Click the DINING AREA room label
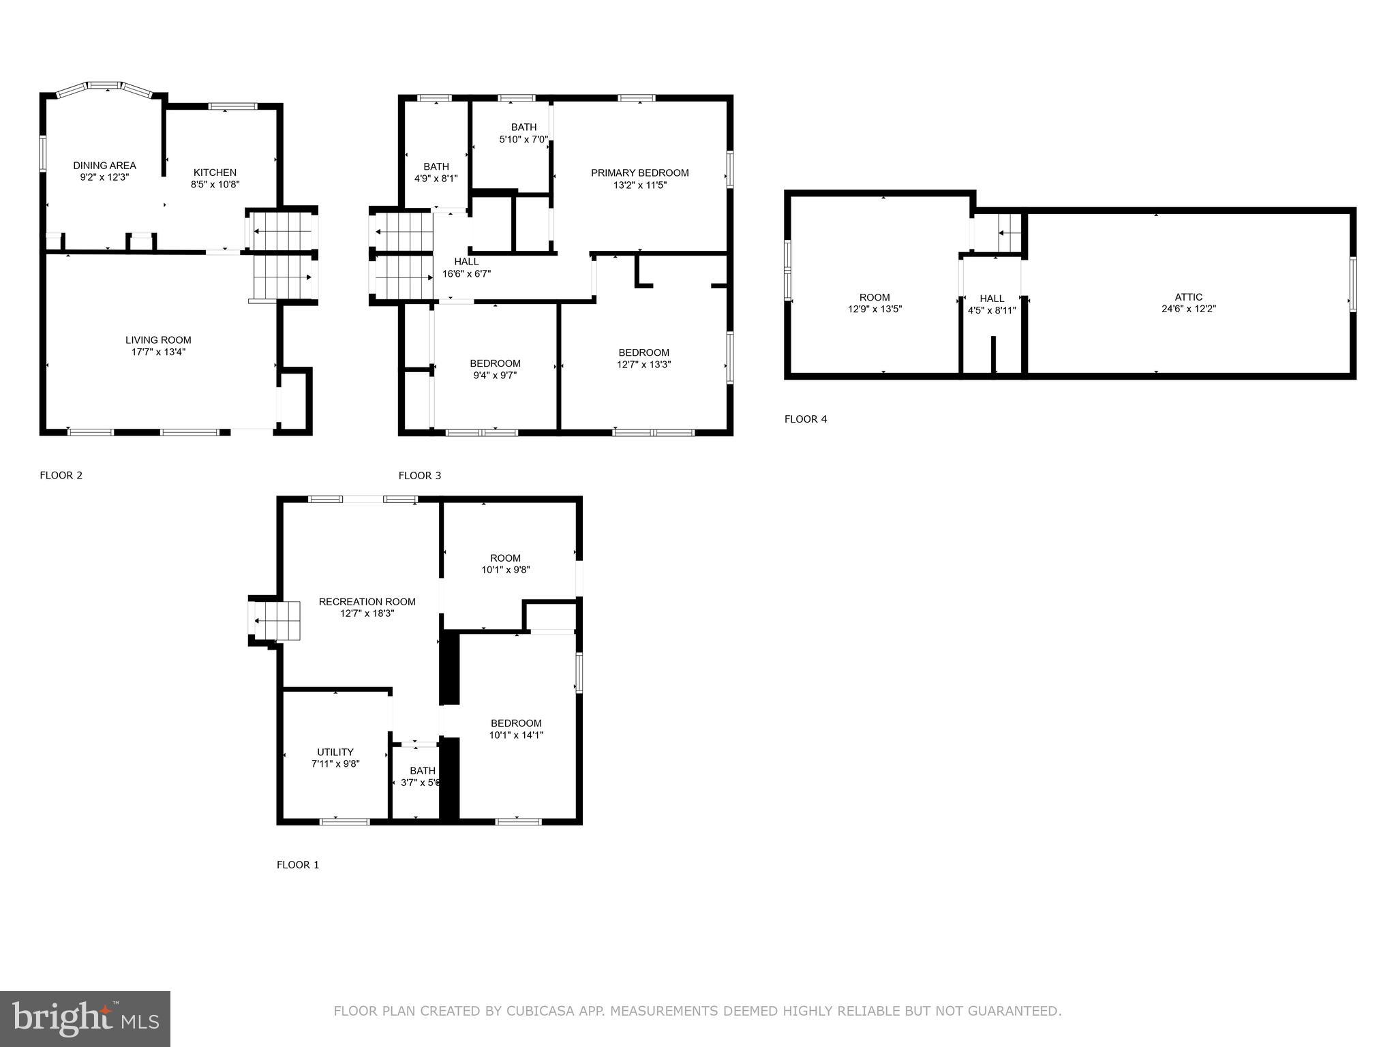pos(104,165)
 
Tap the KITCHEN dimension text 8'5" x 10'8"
pos(215,184)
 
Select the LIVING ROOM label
pos(158,339)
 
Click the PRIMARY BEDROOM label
pos(639,172)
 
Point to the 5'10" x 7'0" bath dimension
pos(523,139)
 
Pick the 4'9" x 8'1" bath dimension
pos(436,179)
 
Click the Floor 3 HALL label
pos(466,261)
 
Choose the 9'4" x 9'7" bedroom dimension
pos(495,375)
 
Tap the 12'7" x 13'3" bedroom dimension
pos(643,364)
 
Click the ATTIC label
pos(1188,297)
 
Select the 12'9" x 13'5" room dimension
pos(874,309)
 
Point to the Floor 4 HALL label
pos(992,298)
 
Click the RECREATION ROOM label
pos(367,601)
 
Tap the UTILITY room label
pos(335,752)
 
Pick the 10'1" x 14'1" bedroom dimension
pos(516,735)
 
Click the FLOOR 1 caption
pos(297,864)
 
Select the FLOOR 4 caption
pos(805,419)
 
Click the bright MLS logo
pos(85,1018)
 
